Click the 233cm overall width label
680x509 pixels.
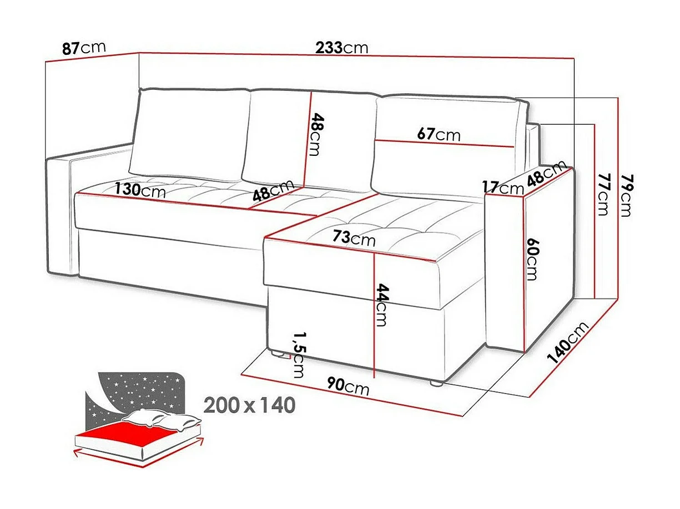point(341,48)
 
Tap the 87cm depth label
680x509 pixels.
point(83,48)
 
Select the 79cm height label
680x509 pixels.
point(627,195)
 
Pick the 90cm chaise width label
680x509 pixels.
point(348,387)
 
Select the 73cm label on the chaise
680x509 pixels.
point(354,238)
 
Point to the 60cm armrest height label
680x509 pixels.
point(532,259)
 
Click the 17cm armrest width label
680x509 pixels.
point(502,188)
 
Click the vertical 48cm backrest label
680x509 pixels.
point(315,134)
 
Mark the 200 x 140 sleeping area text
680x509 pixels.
point(249,405)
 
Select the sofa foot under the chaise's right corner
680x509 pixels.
point(436,382)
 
